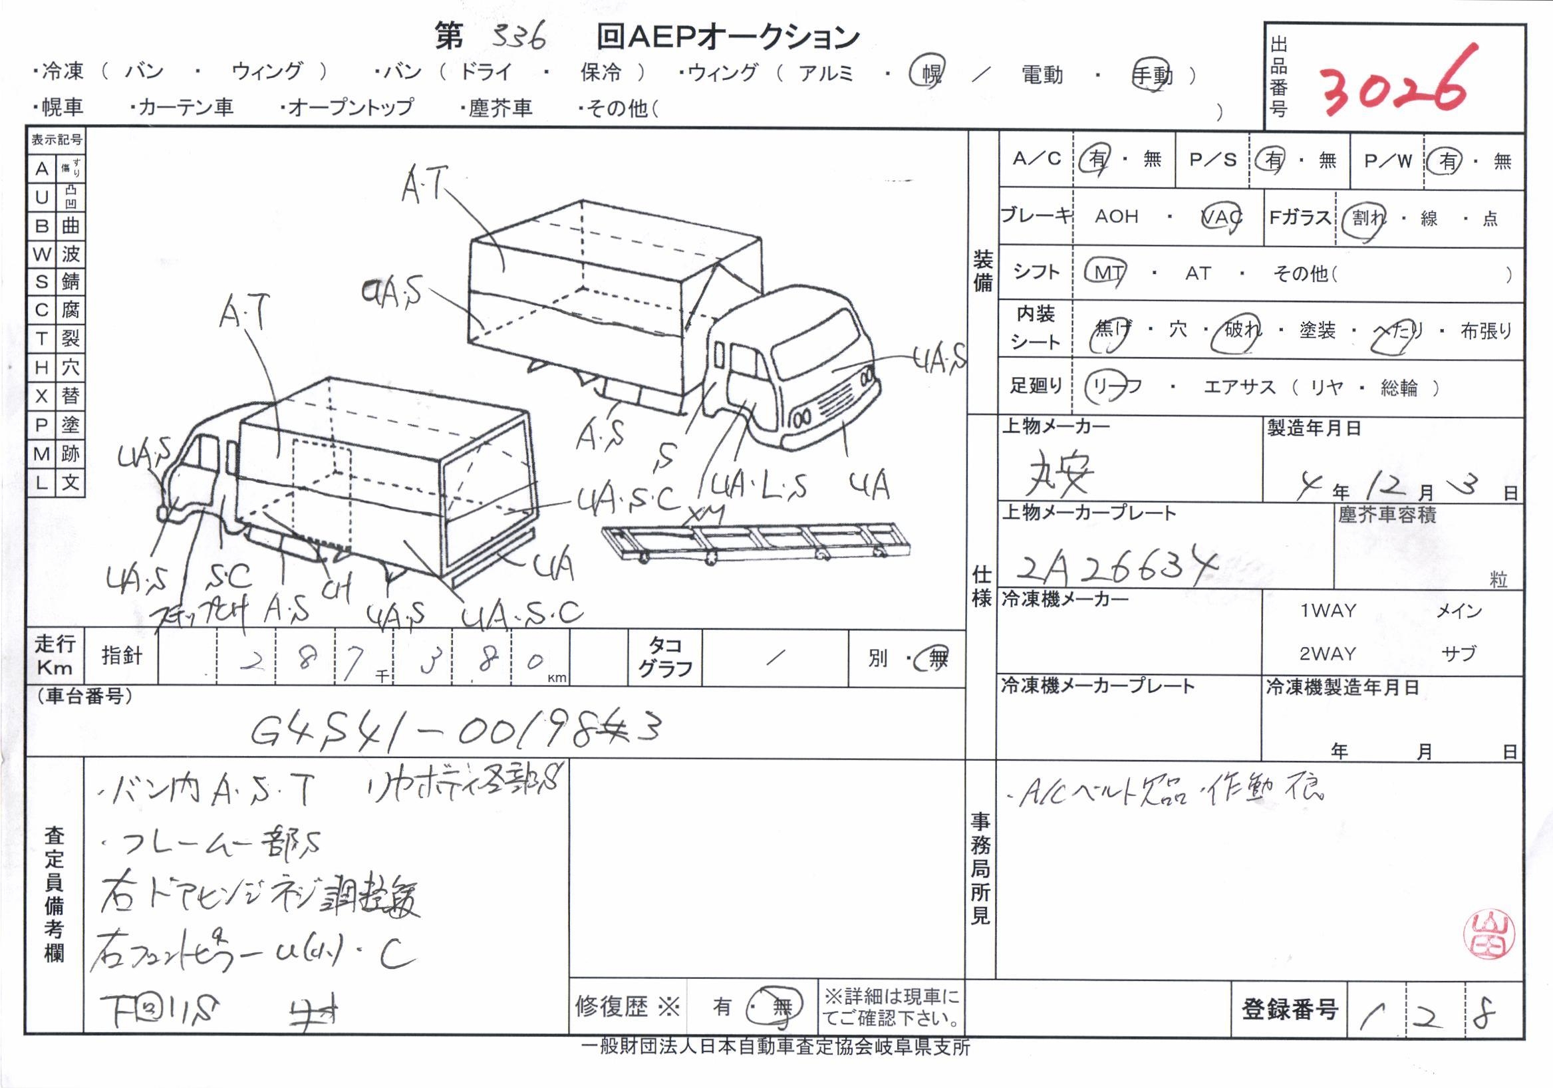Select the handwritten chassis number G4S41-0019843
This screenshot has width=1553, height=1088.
[454, 728]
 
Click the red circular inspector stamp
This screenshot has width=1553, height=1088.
[1488, 934]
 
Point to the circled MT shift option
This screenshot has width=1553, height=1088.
[1108, 273]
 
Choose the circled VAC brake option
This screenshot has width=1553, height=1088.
[1221, 216]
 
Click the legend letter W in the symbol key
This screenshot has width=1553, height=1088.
[41, 253]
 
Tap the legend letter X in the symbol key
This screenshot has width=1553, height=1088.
[41, 396]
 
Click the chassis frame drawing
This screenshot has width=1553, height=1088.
[754, 541]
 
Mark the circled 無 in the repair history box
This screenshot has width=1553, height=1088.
[781, 1008]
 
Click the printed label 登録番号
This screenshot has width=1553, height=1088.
[1289, 1009]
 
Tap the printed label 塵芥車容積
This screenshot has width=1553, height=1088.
[1387, 515]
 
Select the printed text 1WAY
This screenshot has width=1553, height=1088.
[1328, 611]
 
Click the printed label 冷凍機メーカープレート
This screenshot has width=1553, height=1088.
[1098, 686]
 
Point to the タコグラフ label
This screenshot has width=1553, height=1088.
[666, 656]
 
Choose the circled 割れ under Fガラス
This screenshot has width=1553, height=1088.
[1366, 217]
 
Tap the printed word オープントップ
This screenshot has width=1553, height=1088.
[351, 107]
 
